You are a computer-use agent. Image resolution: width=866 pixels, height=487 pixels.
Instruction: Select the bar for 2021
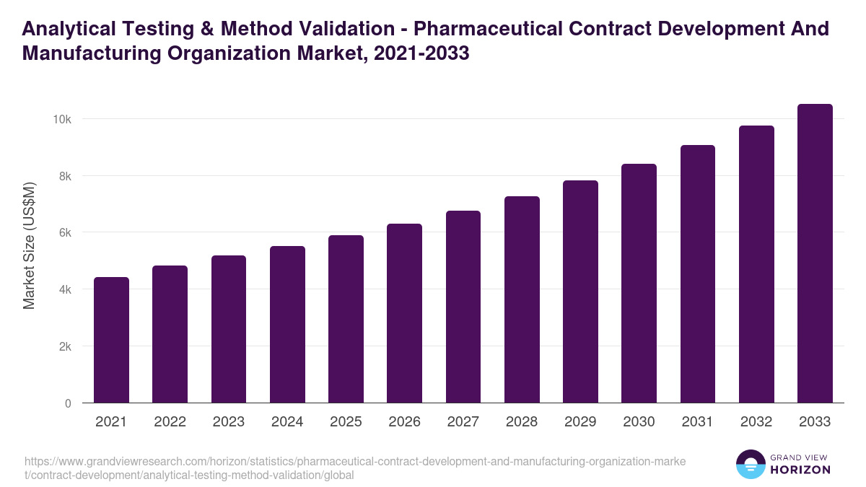pos(111,340)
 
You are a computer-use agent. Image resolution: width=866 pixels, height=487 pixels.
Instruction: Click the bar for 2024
pos(287,325)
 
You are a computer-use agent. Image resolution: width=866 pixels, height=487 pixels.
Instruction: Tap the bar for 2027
pos(463,307)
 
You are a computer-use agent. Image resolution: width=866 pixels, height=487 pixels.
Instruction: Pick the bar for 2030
pos(639,284)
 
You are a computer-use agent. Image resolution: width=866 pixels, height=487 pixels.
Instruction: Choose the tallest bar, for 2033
pos(815,253)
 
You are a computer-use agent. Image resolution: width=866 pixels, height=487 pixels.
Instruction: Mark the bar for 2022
pos(170,334)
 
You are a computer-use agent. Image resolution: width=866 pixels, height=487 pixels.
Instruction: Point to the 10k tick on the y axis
pos(63,119)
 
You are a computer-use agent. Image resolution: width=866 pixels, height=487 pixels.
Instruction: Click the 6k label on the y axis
pos(64,232)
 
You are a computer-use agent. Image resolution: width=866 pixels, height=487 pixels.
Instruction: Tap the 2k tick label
pos(64,346)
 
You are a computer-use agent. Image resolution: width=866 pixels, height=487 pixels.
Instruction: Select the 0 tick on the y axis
pos(68,403)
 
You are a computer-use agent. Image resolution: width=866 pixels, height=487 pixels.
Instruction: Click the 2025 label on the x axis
pos(346,422)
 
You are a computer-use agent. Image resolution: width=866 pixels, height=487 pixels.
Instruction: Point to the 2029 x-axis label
pos(580,422)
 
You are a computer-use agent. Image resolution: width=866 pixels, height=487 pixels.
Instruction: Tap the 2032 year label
pos(756,422)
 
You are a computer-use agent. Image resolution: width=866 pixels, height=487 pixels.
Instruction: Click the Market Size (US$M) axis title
pos(29,245)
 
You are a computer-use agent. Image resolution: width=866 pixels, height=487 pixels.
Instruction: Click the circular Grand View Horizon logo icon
pos(751,464)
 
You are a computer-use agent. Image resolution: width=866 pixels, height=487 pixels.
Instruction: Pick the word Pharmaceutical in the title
pos(491,29)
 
